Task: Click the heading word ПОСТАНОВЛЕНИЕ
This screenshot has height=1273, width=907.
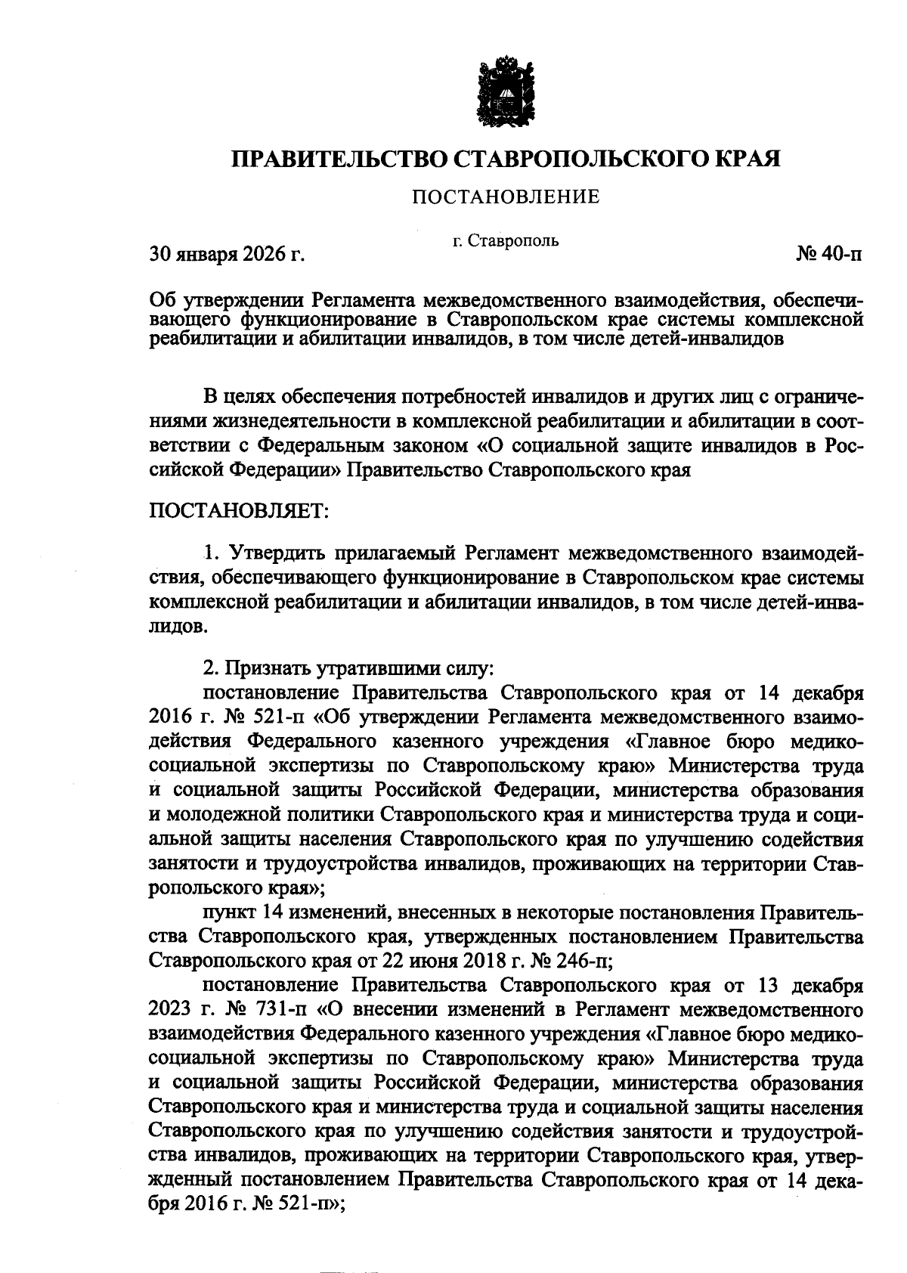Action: pos(505,198)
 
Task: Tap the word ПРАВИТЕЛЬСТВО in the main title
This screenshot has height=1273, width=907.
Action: pos(338,159)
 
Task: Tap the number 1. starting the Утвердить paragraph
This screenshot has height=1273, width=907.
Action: pos(211,553)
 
